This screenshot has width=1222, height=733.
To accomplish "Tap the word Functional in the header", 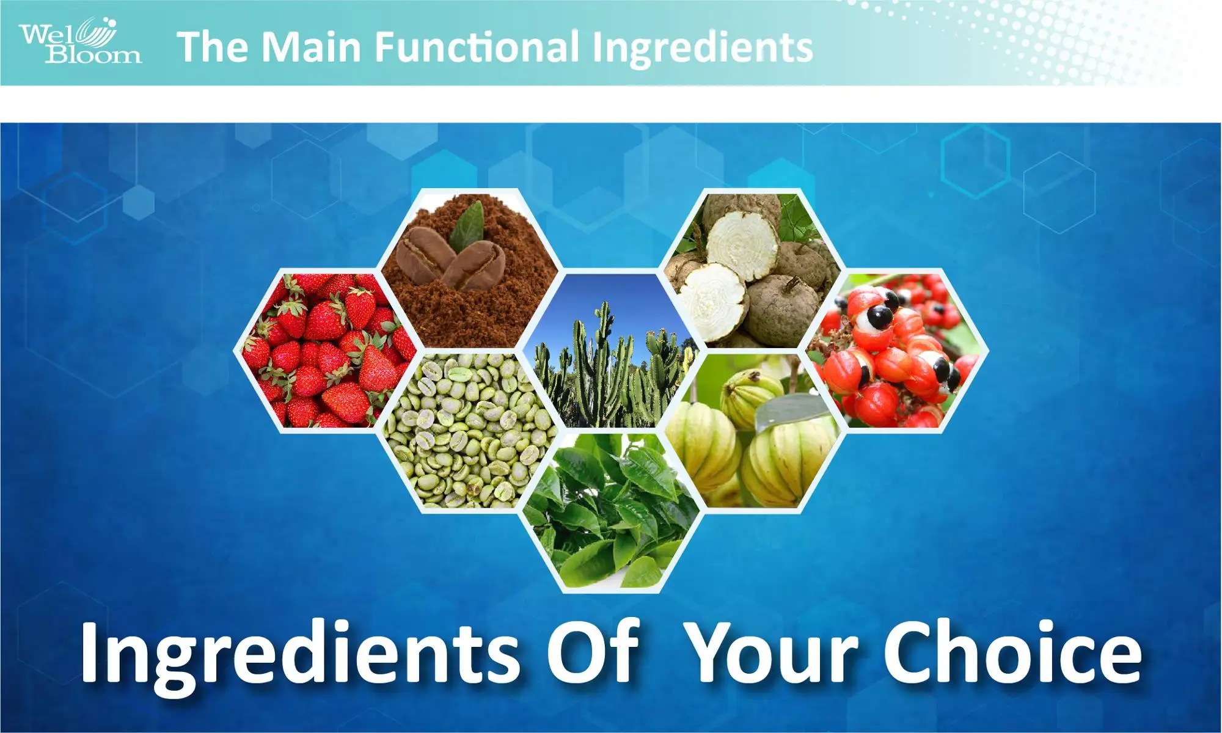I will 476,48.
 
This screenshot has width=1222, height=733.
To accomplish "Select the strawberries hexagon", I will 324,351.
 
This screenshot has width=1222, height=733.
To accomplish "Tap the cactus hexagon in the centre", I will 611,354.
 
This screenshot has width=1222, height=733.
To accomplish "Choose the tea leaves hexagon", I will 611,513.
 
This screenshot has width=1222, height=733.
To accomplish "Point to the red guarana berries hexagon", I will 895,351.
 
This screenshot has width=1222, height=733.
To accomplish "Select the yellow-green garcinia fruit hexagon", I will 752,431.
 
